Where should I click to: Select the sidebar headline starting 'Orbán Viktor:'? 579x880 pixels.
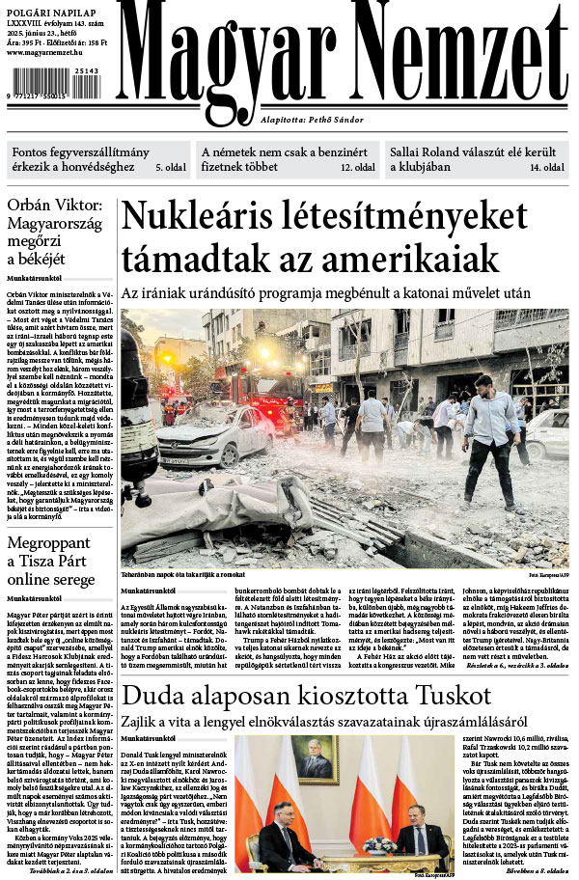54,232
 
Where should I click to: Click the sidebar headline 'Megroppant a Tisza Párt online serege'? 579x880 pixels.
53,560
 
